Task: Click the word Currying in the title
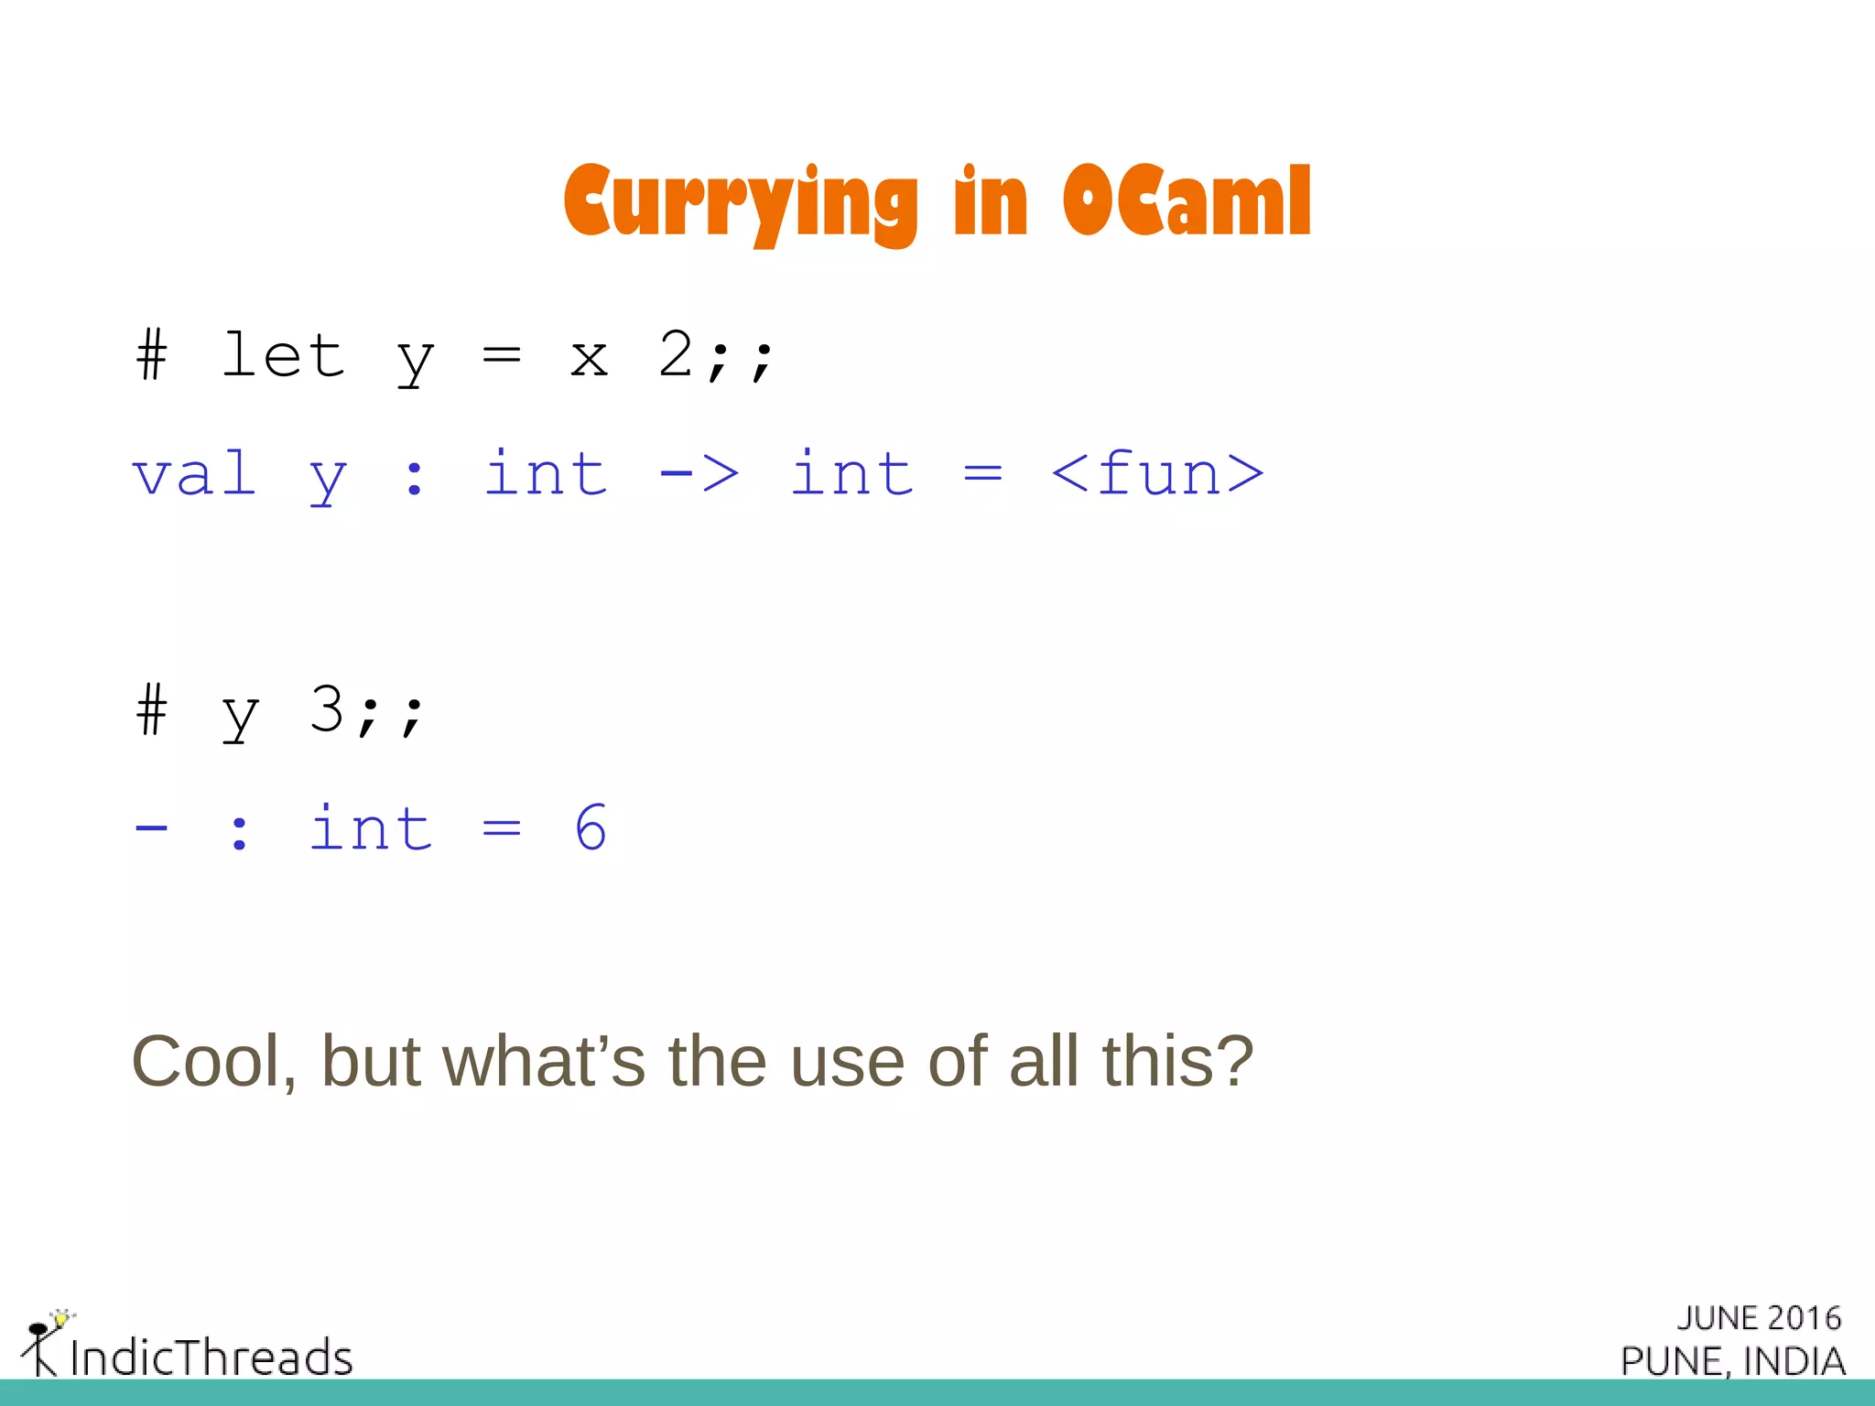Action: (x=740, y=203)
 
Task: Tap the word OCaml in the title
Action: (x=1187, y=201)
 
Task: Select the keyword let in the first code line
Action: (x=284, y=355)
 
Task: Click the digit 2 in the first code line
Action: (x=676, y=353)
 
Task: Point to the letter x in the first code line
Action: (x=589, y=359)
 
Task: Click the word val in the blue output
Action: (x=194, y=474)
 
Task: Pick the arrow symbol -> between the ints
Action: (x=699, y=474)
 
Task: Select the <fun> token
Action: (x=1157, y=474)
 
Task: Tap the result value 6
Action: (x=591, y=827)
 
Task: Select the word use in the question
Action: (x=847, y=1064)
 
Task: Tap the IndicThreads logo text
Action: (x=211, y=1357)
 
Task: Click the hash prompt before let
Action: (x=152, y=355)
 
